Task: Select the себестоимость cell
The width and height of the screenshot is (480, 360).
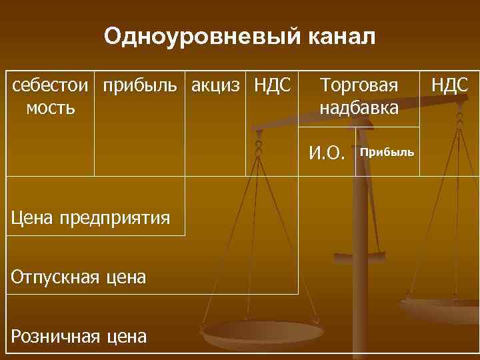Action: (51, 96)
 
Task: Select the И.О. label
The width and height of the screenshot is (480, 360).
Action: (327, 153)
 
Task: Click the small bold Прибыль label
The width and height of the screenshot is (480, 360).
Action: (387, 153)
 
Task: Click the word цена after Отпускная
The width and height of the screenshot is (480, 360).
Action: (125, 276)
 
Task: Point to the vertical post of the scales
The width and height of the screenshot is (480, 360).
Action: (365, 220)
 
